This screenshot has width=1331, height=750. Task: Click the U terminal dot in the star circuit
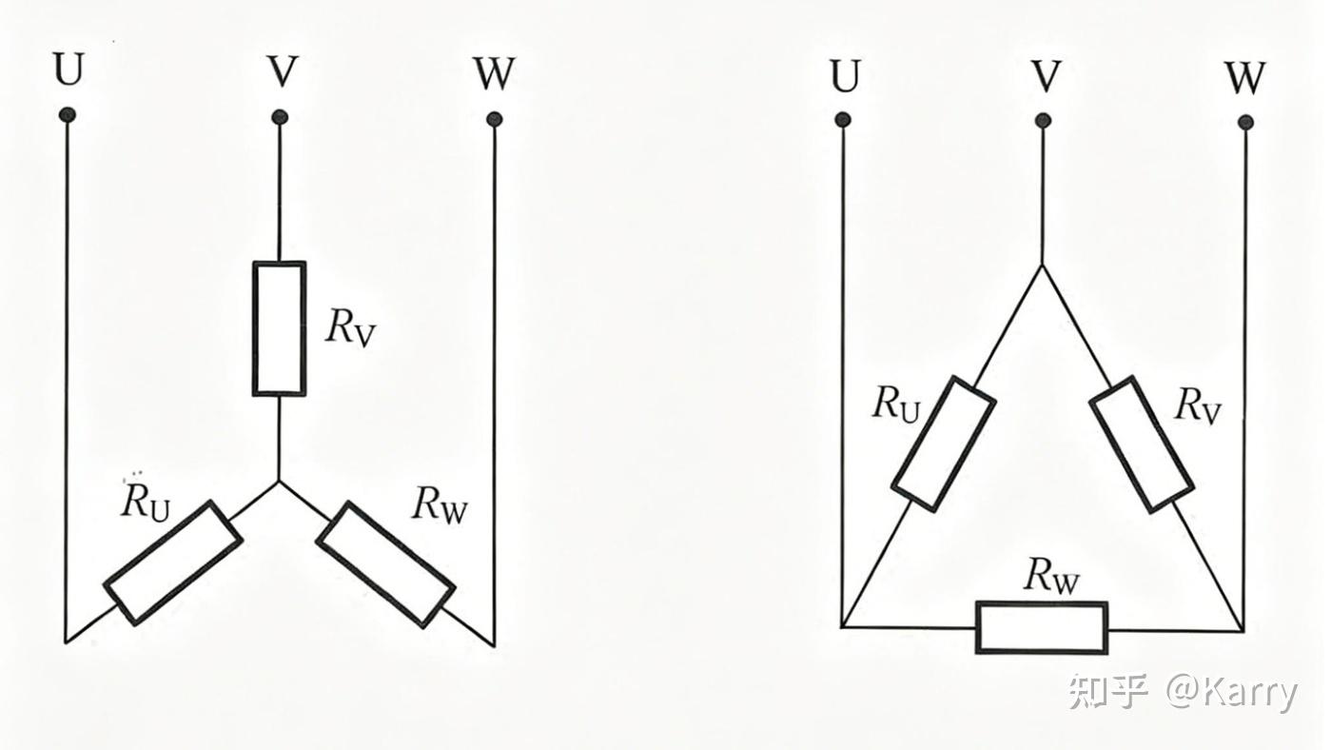[x=68, y=115]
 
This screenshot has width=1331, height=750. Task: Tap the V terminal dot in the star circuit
[x=280, y=117]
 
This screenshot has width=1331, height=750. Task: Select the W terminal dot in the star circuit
[x=495, y=120]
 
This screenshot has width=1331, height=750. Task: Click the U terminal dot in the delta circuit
[x=843, y=120]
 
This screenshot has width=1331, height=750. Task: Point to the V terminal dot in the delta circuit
[x=1043, y=121]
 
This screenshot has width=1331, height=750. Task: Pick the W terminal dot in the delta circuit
[x=1246, y=123]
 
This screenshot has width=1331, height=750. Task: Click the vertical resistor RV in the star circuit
[x=280, y=328]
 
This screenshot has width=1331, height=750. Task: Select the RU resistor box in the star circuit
[x=173, y=563]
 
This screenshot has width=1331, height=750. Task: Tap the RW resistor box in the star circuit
[x=385, y=564]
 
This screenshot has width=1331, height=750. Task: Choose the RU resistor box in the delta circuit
[x=944, y=444]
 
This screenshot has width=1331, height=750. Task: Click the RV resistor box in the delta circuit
[x=1142, y=444]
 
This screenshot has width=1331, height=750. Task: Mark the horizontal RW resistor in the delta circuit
[x=1042, y=628]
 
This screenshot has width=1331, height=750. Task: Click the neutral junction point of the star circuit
[x=280, y=481]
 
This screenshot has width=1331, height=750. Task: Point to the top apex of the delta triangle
[x=1042, y=265]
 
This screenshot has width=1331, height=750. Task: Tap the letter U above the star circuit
[x=69, y=69]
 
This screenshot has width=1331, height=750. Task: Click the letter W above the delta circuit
[x=1244, y=77]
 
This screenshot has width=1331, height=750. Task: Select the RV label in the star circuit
[x=350, y=328]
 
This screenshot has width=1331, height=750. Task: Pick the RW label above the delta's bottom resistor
[x=1050, y=577]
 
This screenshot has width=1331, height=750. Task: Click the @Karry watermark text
[x=1232, y=693]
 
